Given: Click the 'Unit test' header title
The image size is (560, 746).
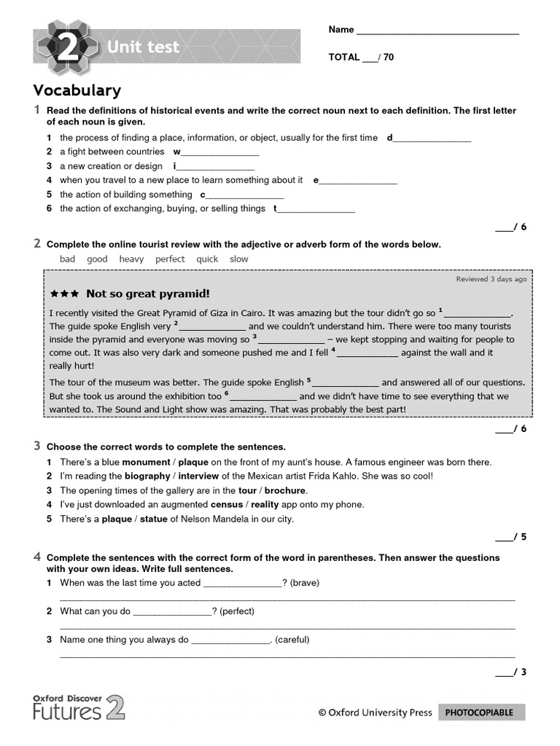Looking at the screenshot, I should [x=143, y=48].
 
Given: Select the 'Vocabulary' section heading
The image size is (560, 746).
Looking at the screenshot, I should [x=77, y=90].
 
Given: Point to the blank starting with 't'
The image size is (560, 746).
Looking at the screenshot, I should [x=316, y=209].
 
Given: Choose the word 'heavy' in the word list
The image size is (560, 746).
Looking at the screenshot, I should [x=131, y=259].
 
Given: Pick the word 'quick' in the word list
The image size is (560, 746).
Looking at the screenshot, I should [x=207, y=259].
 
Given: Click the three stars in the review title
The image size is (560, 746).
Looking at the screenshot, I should [x=64, y=294].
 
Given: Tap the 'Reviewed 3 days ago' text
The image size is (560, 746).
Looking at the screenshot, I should [x=491, y=279].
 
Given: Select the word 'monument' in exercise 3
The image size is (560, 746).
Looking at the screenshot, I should [x=145, y=462].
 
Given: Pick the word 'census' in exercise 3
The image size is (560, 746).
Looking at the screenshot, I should [x=227, y=505].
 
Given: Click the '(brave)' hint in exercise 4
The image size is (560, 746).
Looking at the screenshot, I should [x=306, y=583].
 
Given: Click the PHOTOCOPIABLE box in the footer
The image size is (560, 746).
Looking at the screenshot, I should [x=481, y=712].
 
